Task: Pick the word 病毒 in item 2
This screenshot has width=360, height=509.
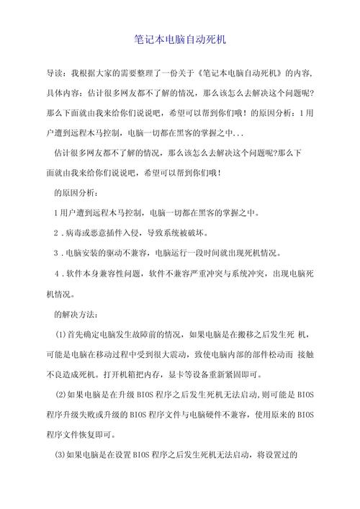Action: [74, 233]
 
